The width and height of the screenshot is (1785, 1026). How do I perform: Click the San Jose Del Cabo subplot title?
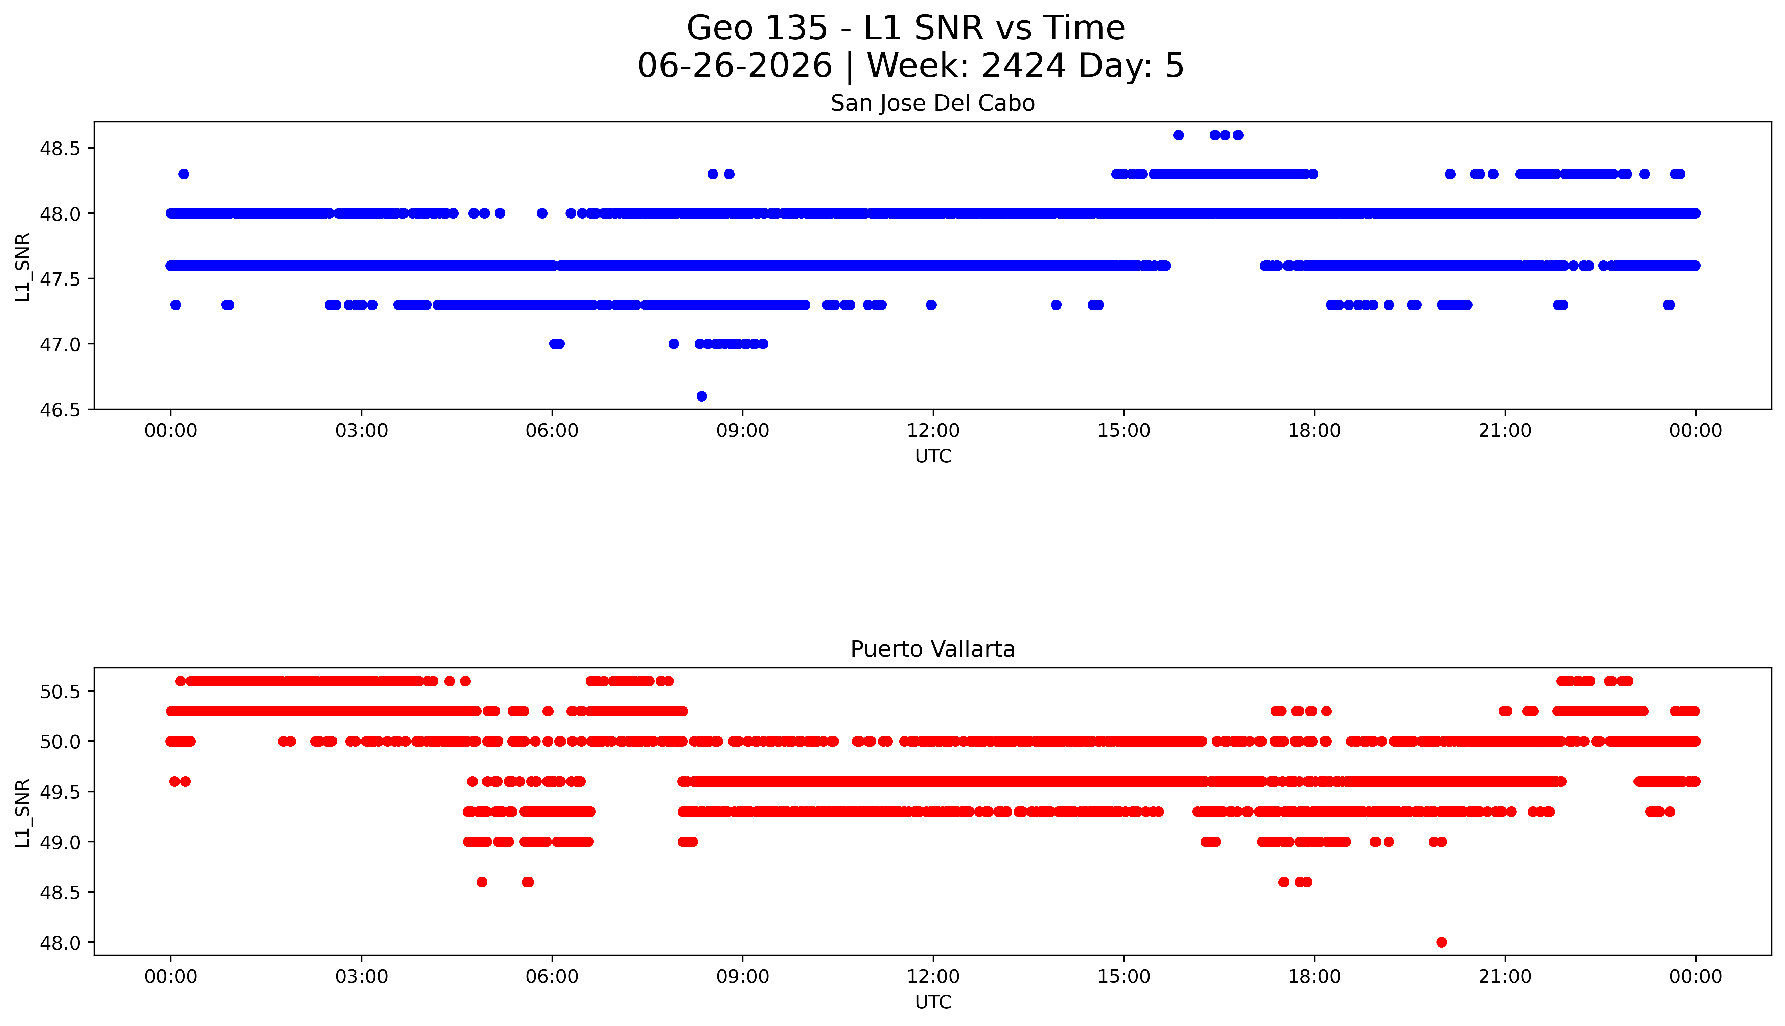[x=933, y=104]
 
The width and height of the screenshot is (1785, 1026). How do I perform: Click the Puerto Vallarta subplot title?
[x=933, y=649]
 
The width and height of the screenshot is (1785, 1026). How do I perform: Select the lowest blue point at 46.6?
[x=702, y=396]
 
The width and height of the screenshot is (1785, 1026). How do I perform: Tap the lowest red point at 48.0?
[x=1441, y=942]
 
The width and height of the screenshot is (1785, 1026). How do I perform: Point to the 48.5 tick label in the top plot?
[x=60, y=149]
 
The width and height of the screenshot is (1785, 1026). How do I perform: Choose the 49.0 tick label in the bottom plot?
[x=60, y=842]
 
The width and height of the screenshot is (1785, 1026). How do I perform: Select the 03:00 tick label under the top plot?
[x=362, y=431]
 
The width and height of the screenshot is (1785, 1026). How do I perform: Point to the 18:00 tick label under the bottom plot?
[x=1315, y=977]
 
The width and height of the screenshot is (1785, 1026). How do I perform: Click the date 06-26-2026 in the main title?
[x=735, y=66]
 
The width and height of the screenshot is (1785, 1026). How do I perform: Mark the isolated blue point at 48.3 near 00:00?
[x=184, y=174]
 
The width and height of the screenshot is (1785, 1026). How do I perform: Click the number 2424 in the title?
[x=1023, y=66]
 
